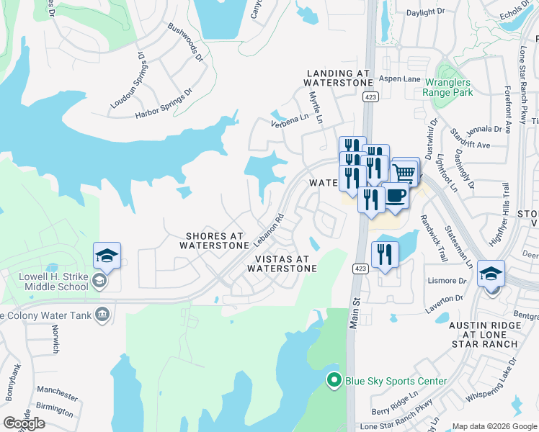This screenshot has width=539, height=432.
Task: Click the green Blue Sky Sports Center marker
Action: pos(333,381)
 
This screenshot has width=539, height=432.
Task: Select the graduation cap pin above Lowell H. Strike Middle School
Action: pos(107,256)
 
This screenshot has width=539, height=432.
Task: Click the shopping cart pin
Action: pos(405,172)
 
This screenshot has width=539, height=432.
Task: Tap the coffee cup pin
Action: pos(394,197)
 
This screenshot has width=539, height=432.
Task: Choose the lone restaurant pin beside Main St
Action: pos(384,254)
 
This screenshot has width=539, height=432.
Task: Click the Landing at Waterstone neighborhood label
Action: pos(338,78)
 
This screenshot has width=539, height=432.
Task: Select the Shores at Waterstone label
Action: pos(217,240)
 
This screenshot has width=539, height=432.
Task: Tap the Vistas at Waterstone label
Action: pos(282,264)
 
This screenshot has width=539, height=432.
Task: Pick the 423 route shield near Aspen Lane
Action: pos(370,96)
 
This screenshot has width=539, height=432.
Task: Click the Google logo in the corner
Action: pos(24,423)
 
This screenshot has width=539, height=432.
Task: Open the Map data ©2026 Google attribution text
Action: pos(494,426)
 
